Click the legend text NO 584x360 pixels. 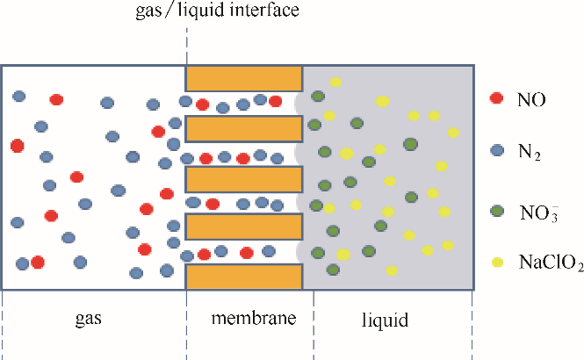point(532,99)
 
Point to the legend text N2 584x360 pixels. point(530,155)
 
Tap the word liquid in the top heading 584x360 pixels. point(213,11)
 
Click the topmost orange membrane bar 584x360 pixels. point(244,77)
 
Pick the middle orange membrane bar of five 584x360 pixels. point(244,178)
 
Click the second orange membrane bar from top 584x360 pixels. point(244,128)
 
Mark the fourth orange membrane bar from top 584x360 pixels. point(244,227)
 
